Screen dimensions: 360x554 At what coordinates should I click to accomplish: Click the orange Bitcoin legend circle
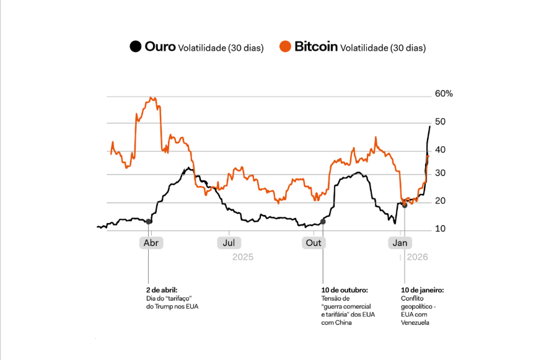click(285, 46)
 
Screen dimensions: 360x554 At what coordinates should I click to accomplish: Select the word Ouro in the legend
click(160, 46)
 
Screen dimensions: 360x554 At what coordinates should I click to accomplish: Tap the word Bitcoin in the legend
click(316, 46)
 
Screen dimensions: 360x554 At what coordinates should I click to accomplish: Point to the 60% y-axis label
click(444, 94)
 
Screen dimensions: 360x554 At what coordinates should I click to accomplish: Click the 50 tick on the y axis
click(439, 122)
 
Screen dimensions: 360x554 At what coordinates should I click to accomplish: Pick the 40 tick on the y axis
click(439, 149)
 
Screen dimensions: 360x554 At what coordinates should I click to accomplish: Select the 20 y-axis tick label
click(439, 201)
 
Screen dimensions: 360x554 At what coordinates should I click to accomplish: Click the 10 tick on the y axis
click(439, 229)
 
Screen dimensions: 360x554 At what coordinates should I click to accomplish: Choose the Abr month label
click(151, 243)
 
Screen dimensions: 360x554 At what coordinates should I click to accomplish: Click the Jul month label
click(229, 243)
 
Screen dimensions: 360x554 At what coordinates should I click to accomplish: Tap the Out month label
click(314, 243)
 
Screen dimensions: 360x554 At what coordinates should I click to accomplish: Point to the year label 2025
click(243, 257)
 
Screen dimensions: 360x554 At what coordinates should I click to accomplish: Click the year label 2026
click(418, 257)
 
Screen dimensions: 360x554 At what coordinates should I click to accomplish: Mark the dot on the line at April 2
click(149, 221)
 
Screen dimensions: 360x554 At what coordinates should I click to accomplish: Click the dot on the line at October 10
click(323, 221)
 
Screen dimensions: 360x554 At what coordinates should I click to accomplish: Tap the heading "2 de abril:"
click(162, 289)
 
